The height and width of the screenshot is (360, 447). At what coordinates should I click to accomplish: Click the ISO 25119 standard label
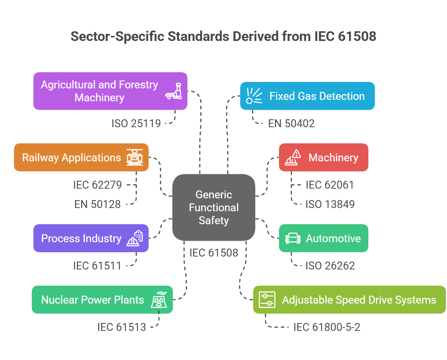pyautogui.click(x=136, y=124)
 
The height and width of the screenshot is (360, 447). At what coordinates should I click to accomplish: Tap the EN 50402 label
pyautogui.click(x=291, y=124)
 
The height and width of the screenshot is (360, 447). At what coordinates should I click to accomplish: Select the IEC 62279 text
pyautogui.click(x=97, y=185)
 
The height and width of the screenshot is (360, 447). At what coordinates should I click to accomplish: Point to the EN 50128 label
pyautogui.click(x=97, y=204)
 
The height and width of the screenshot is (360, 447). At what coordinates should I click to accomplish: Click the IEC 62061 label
pyautogui.click(x=330, y=185)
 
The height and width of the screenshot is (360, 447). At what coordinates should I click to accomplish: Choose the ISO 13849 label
pyautogui.click(x=330, y=204)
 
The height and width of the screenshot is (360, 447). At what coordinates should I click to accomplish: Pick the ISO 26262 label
pyautogui.click(x=330, y=266)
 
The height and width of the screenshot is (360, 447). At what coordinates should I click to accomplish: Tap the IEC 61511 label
pyautogui.click(x=97, y=266)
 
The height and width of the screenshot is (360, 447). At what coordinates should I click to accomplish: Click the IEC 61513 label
pyautogui.click(x=121, y=327)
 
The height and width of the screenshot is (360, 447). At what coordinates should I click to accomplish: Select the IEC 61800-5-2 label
pyautogui.click(x=326, y=327)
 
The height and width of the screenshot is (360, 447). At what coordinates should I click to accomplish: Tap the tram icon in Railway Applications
pyautogui.click(x=135, y=157)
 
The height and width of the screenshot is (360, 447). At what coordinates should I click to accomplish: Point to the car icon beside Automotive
pyautogui.click(x=293, y=238)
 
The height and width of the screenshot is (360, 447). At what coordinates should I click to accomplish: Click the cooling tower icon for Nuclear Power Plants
pyautogui.click(x=159, y=300)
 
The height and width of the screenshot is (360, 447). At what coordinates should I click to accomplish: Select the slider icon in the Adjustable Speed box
pyautogui.click(x=267, y=300)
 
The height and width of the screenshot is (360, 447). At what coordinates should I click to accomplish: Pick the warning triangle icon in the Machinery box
pyautogui.click(x=293, y=157)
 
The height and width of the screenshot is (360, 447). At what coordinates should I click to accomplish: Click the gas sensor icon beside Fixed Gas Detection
pyautogui.click(x=254, y=96)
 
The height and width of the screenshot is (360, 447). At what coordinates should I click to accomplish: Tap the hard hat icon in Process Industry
pyautogui.click(x=135, y=238)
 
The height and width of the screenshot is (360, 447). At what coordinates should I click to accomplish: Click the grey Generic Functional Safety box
pyautogui.click(x=214, y=207)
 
